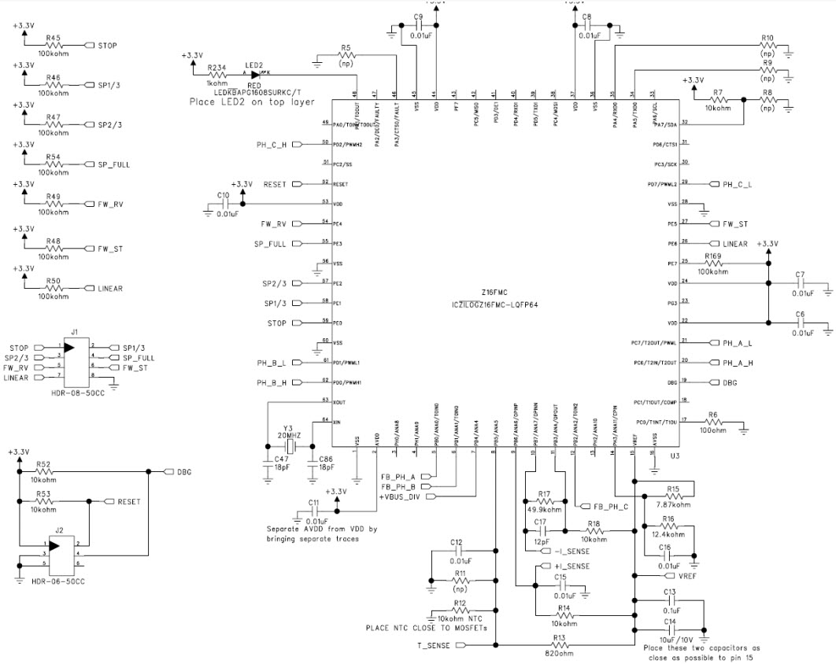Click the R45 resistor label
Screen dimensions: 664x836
click(x=54, y=36)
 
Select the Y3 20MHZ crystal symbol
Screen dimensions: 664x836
click(x=290, y=445)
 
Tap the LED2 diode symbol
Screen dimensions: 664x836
click(x=254, y=73)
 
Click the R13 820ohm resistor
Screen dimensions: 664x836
click(x=559, y=645)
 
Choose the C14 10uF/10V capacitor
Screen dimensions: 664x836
click(x=670, y=629)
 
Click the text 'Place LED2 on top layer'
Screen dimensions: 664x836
click(x=252, y=102)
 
